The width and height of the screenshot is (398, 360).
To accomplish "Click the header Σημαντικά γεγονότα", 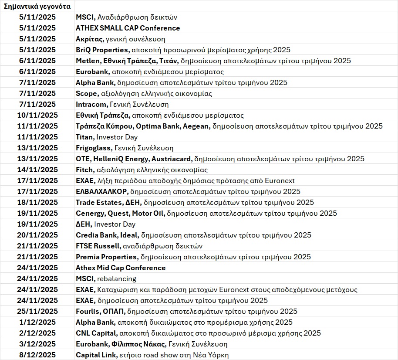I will pyautogui.click(x=37, y=6).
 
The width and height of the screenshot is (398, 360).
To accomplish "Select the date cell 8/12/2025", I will pyautogui.click(x=37, y=355).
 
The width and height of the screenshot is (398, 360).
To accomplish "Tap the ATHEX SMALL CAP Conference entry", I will pyautogui.click(x=128, y=28).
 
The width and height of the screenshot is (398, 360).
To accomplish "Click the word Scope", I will pyautogui.click(x=86, y=93).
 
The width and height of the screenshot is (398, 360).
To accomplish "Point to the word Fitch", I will pyautogui.click(x=84, y=170).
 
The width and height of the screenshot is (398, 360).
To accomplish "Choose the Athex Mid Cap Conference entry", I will pyautogui.click(x=121, y=268).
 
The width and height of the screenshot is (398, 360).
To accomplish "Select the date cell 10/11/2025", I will pyautogui.click(x=37, y=115).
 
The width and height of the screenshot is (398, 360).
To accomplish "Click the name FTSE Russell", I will pyautogui.click(x=98, y=246).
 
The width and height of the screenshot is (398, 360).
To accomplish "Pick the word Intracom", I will pyautogui.click(x=91, y=104).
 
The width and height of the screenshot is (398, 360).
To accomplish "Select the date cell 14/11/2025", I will pyautogui.click(x=37, y=170).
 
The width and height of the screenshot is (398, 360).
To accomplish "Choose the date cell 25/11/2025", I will pyautogui.click(x=37, y=311).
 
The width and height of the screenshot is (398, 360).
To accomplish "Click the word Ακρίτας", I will pyautogui.click(x=89, y=39).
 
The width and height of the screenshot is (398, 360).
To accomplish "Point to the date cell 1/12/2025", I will pyautogui.click(x=37, y=322).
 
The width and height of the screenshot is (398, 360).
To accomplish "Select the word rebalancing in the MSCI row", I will pyautogui.click(x=116, y=278).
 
